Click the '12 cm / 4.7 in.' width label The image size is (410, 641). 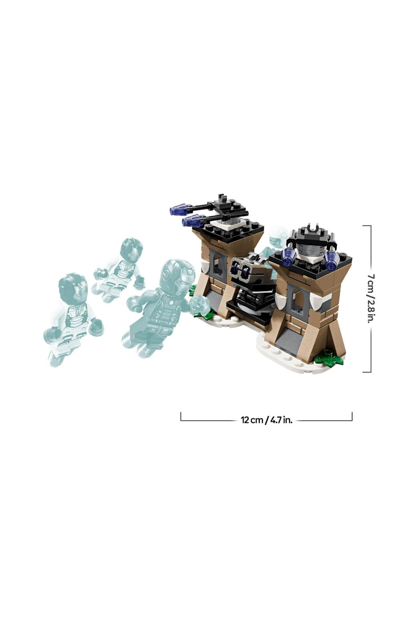pyautogui.click(x=266, y=420)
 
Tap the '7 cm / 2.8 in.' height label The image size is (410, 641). pyautogui.click(x=370, y=298)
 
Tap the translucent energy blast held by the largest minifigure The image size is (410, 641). pyautogui.click(x=200, y=305)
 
